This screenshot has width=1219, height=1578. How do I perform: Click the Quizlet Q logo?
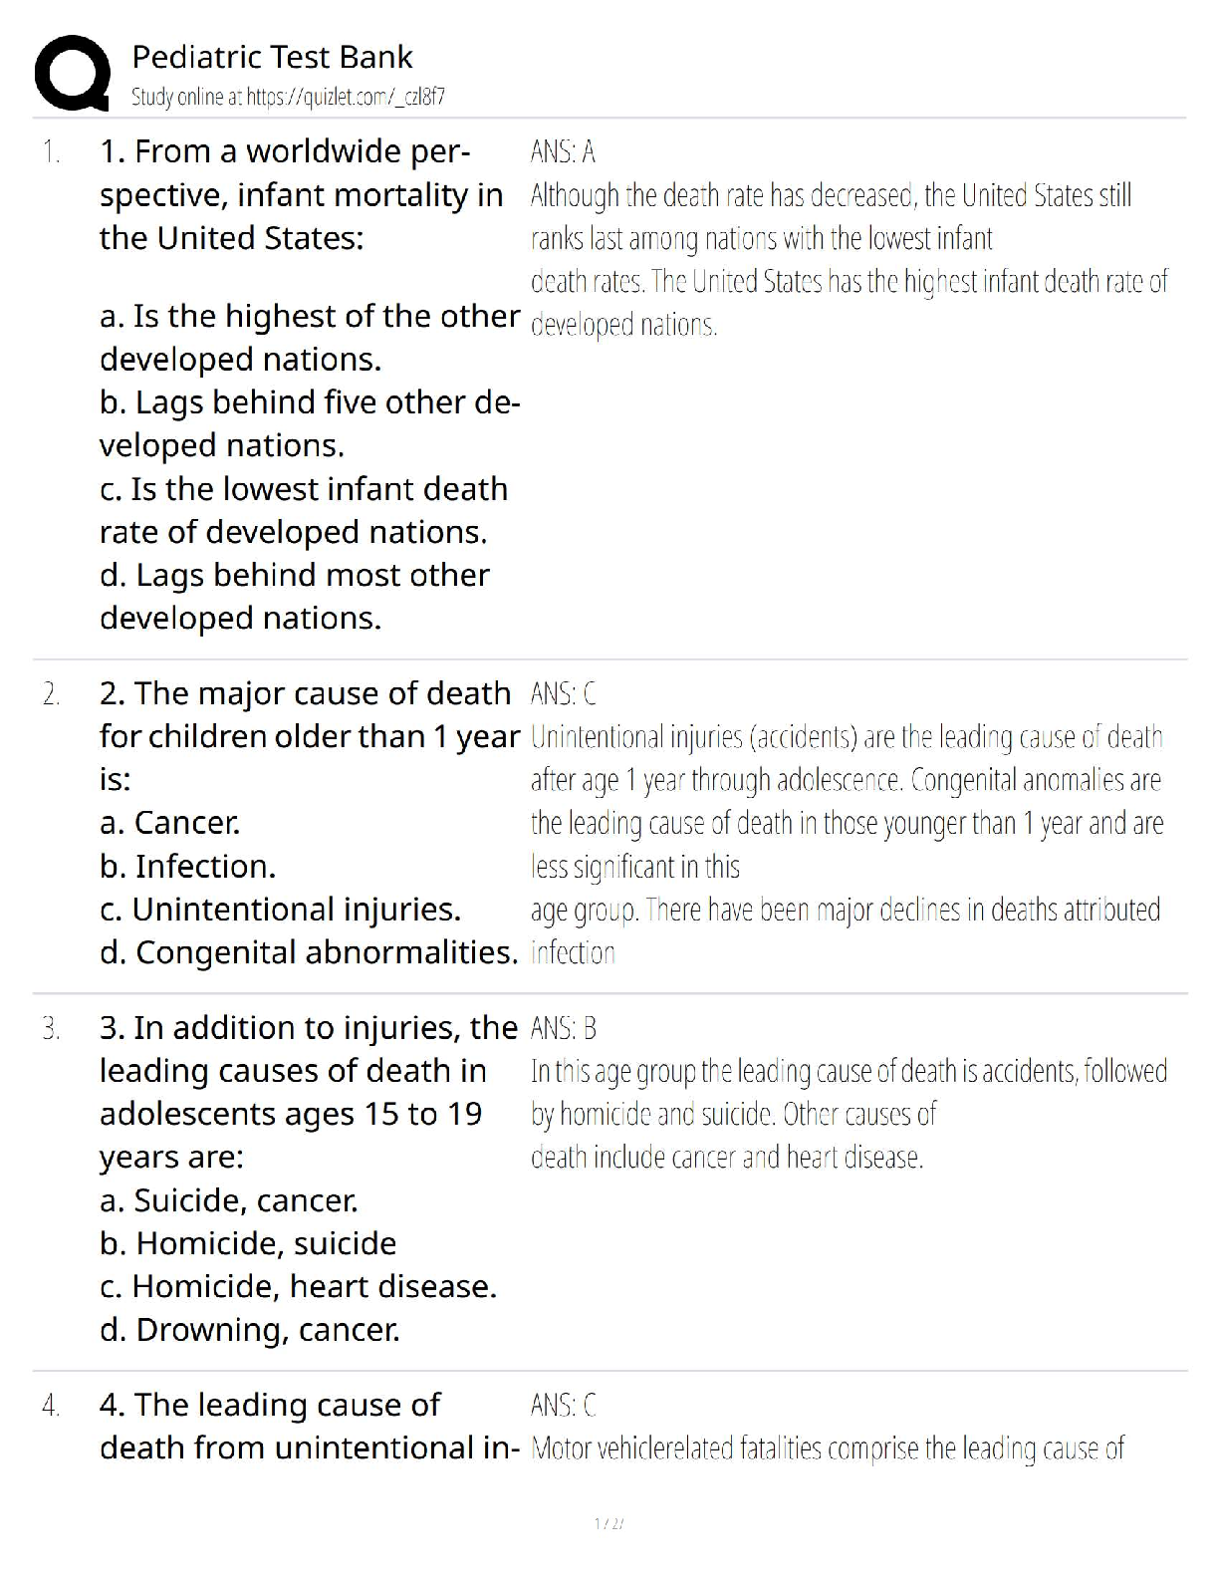72,74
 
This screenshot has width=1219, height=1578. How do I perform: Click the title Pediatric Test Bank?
272,57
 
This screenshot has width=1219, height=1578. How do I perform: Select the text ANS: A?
563,151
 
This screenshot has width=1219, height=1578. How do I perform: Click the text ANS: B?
563,1028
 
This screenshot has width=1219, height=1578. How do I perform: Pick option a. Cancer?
169,823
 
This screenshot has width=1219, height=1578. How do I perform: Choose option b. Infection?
187,867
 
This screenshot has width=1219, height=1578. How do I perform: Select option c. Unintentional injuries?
280,910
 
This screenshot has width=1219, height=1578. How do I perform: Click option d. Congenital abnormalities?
309,953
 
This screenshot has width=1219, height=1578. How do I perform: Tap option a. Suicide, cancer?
228,1200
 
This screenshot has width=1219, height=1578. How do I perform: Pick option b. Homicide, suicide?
248,1243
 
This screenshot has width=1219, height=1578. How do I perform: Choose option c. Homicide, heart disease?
298,1287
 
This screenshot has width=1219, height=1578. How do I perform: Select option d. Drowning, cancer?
249,1330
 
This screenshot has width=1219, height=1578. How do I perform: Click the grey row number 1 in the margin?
51,152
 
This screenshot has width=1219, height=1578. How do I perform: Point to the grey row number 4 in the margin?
51,1406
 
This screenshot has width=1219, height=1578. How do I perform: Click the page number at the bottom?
608,1523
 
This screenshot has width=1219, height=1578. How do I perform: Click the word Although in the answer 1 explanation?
575,195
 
